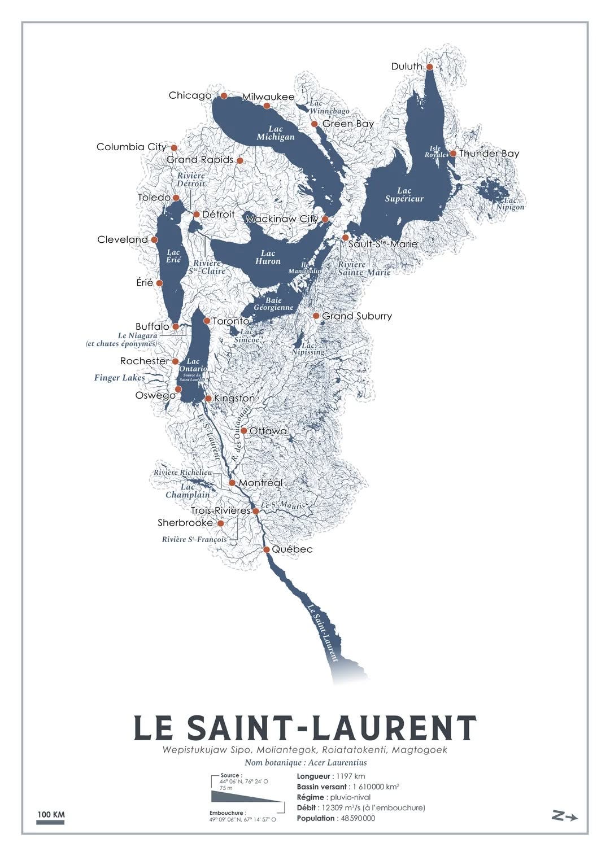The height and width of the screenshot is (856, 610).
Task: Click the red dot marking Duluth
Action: coord(429,67)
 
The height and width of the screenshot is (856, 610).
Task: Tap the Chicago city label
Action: coord(190,95)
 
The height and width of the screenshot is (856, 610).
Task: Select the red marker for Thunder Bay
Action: coord(453,153)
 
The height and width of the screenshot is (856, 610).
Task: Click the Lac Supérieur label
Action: coord(404,195)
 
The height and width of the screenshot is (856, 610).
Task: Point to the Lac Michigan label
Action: coord(276,133)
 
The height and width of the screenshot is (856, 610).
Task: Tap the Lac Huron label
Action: coord(268,257)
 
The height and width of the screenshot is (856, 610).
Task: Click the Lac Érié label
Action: coord(173,256)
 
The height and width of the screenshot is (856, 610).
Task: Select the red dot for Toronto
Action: coord(207,321)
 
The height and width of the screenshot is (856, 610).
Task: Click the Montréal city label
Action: coord(260,483)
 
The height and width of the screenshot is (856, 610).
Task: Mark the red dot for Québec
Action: coord(267,549)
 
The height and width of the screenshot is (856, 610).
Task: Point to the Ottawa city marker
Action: coord(243,431)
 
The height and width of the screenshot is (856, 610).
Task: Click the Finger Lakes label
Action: coord(119,378)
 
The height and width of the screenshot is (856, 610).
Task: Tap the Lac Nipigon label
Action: coord(510,204)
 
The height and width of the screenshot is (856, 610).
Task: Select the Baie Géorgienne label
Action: coord(273,304)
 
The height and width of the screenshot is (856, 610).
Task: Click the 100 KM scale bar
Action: coord(50,822)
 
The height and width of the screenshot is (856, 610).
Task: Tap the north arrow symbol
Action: coord(564,815)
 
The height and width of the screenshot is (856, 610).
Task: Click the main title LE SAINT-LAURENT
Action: coord(305,728)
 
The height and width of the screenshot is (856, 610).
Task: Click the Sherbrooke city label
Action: coord(185,523)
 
